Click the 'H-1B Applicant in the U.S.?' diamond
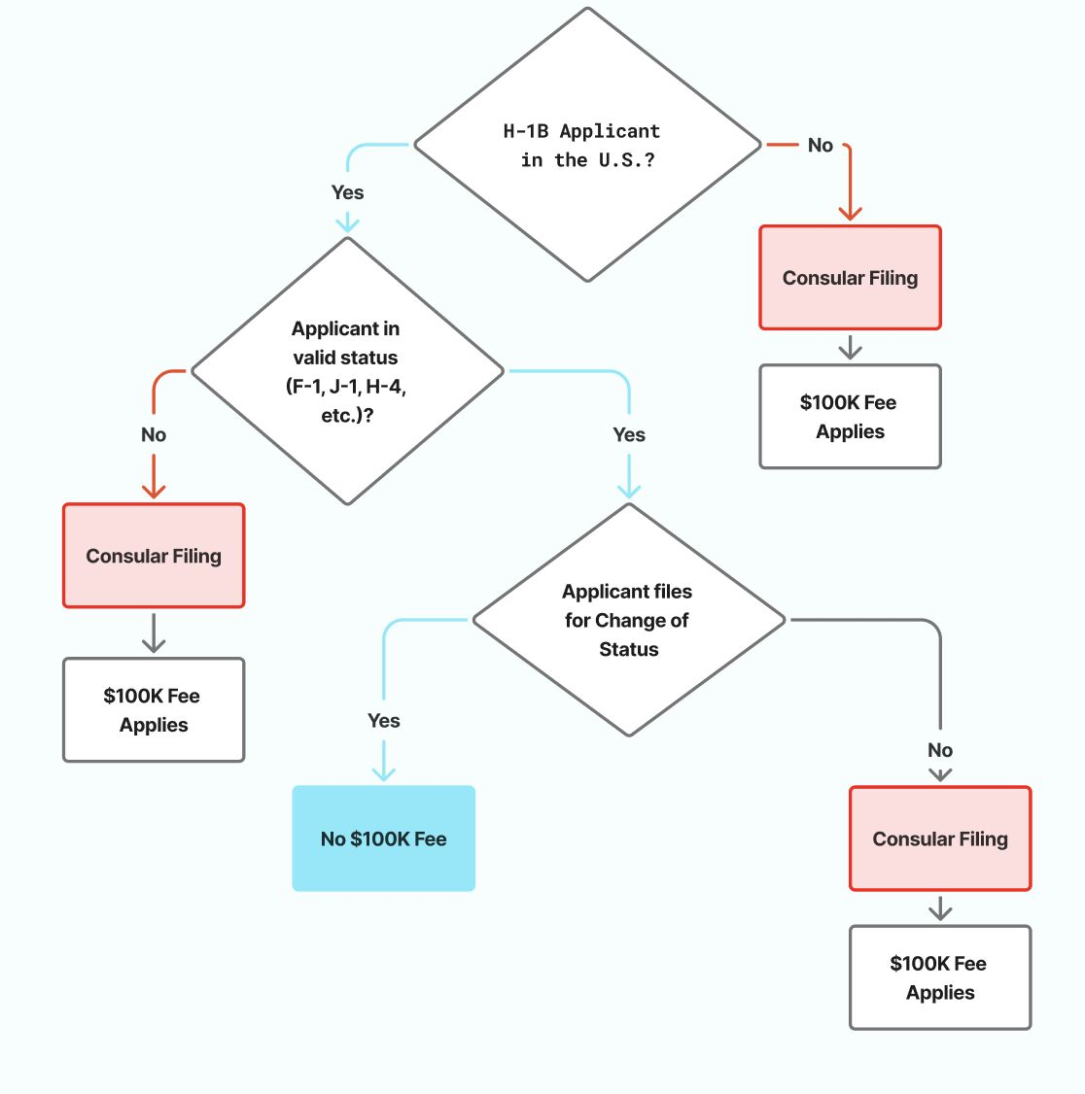point(587,145)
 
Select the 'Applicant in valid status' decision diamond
point(347,371)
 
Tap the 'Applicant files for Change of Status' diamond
point(628,620)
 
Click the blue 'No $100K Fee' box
point(383,838)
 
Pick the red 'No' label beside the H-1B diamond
point(820,146)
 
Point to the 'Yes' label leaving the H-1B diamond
point(347,192)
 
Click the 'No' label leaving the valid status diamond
point(154,434)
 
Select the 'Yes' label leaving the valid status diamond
point(629,434)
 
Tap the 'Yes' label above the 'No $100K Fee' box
point(383,721)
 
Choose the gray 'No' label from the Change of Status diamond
point(940,750)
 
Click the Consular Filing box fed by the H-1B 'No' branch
point(850,278)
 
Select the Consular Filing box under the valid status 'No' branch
point(154,556)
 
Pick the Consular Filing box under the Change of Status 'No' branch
point(940,838)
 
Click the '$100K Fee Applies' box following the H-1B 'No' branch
point(850,417)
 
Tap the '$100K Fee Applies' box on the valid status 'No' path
point(154,710)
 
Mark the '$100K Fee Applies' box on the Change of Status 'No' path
point(940,977)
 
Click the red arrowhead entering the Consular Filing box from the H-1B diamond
point(851,213)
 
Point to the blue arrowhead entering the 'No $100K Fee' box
point(384,773)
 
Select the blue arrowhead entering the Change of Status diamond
point(629,491)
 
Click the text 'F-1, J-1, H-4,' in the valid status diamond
point(346,387)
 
